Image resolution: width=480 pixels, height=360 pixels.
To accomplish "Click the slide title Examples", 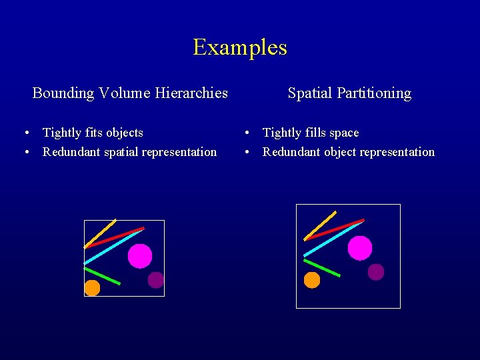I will (x=240, y=47).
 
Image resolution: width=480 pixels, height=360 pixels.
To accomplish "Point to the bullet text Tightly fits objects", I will (x=93, y=133).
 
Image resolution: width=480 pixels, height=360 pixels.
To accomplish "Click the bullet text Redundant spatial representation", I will (x=129, y=152).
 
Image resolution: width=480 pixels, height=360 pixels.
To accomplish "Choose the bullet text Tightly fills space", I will (x=311, y=133).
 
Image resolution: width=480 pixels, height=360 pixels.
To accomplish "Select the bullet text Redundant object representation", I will (x=348, y=152).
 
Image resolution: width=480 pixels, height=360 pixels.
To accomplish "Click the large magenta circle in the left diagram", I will (x=140, y=256).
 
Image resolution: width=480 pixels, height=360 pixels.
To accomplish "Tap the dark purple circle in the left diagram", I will (x=156, y=280).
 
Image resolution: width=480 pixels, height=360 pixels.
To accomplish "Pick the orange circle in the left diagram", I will (x=92, y=288).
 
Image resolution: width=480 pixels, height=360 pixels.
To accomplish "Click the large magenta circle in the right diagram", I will (x=360, y=248).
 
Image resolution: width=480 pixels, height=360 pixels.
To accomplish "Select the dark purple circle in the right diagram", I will (x=376, y=272).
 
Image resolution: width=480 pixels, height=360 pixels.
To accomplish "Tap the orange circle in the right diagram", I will (x=312, y=280).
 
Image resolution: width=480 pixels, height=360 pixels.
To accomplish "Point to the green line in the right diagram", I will (x=322, y=267).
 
